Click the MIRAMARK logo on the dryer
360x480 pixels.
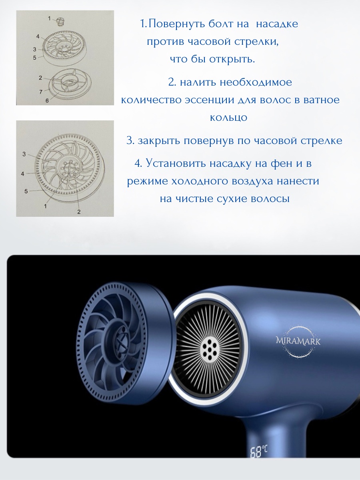298,342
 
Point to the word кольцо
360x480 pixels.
228,118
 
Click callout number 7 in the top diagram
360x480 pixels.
41,92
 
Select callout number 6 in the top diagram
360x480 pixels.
47,101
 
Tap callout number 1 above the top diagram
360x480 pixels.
49,18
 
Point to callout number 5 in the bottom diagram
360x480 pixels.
26,192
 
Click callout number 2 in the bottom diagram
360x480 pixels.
79,212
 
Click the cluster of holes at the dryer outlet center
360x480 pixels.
209,350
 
